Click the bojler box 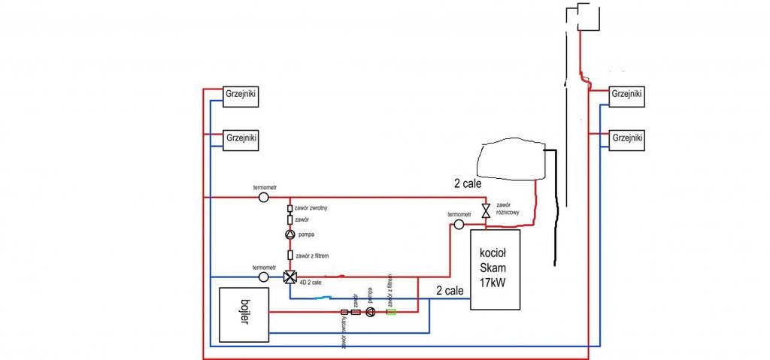[x=244, y=314]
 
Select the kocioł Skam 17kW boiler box [x=495, y=269]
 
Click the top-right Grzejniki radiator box [x=626, y=95]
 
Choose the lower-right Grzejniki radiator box [x=626, y=139]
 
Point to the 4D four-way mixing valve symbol [x=290, y=277]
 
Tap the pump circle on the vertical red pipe [x=290, y=235]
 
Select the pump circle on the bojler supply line [x=370, y=312]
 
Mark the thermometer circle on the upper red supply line [x=264, y=197]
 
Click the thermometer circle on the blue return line [x=264, y=277]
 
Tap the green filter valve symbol [x=391, y=312]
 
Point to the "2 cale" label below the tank [x=468, y=183]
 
